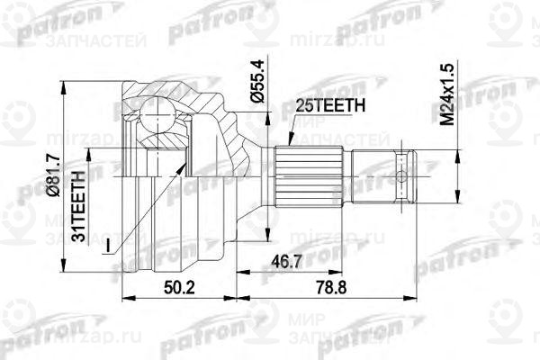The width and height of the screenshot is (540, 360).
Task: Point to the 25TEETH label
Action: click(x=329, y=105)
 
